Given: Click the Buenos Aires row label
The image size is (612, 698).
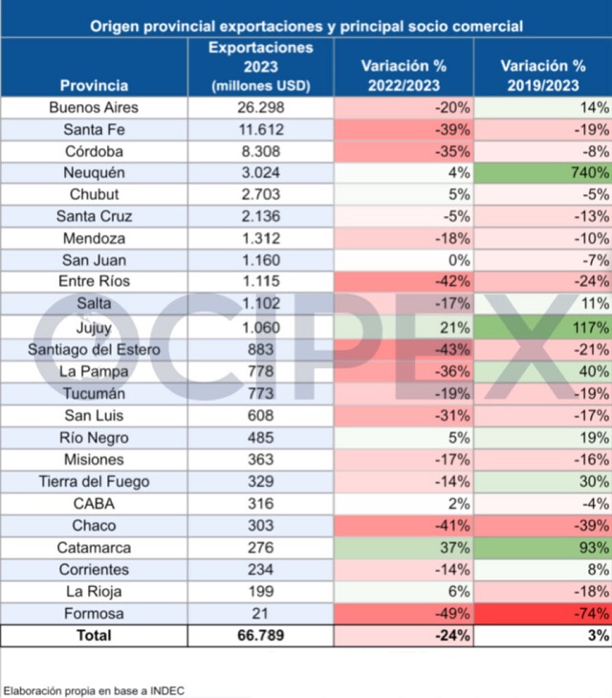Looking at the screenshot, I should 94,107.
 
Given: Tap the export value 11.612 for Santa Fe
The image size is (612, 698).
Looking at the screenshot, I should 261,129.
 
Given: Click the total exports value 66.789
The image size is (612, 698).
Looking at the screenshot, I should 261,635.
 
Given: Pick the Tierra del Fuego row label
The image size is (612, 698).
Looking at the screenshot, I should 94,481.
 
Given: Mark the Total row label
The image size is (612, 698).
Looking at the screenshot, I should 94,635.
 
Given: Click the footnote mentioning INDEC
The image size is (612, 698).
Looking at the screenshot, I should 94,689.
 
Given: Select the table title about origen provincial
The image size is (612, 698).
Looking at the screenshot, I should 306,27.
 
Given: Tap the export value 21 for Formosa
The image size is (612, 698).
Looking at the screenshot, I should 261,613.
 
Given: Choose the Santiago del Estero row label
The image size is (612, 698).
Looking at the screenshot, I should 94,349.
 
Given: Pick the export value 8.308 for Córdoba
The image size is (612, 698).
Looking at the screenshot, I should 261,151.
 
